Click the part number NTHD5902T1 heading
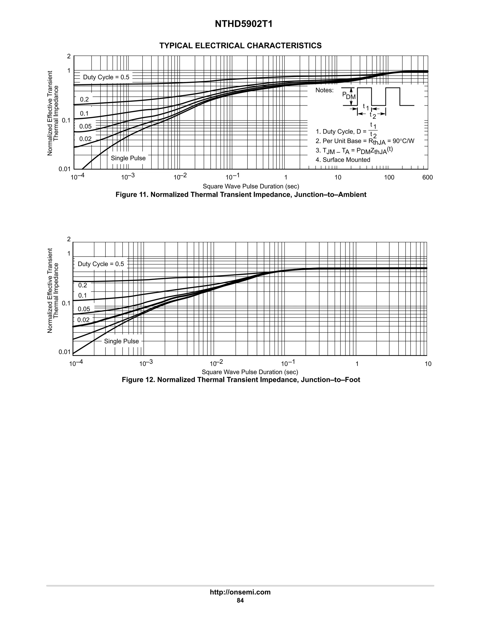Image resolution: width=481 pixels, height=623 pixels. pyautogui.click(x=244, y=24)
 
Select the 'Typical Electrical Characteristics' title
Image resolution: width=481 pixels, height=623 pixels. pyautogui.click(x=240, y=46)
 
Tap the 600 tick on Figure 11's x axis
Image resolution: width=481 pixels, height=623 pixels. pyautogui.click(x=427, y=177)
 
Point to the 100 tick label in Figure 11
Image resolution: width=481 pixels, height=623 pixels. pyautogui.click(x=389, y=177)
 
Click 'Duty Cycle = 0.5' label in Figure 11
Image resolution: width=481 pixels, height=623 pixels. pyautogui.click(x=106, y=77)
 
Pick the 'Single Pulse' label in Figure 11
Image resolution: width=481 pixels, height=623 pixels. pyautogui.click(x=128, y=158)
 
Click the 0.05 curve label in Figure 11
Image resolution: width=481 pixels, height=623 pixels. pyautogui.click(x=85, y=126)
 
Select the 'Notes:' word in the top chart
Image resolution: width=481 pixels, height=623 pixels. pyautogui.click(x=324, y=91)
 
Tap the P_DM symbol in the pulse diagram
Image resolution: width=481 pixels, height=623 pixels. pyautogui.click(x=349, y=95)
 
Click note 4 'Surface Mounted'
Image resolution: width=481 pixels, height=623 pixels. pyautogui.click(x=343, y=160)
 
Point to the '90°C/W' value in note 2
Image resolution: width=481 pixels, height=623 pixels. pyautogui.click(x=403, y=141)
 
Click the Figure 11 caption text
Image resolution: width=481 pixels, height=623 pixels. pyautogui.click(x=241, y=195)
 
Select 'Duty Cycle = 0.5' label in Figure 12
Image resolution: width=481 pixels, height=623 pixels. pyautogui.click(x=101, y=264)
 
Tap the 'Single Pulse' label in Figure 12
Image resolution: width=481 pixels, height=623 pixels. pyautogui.click(x=121, y=341)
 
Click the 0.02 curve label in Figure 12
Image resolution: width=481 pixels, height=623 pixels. pyautogui.click(x=83, y=320)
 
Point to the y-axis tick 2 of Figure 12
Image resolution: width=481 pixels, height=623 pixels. pyautogui.click(x=69, y=239)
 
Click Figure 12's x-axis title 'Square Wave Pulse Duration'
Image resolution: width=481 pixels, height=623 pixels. pyautogui.click(x=250, y=372)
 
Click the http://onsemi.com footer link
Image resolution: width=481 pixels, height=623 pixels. pyautogui.click(x=240, y=592)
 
